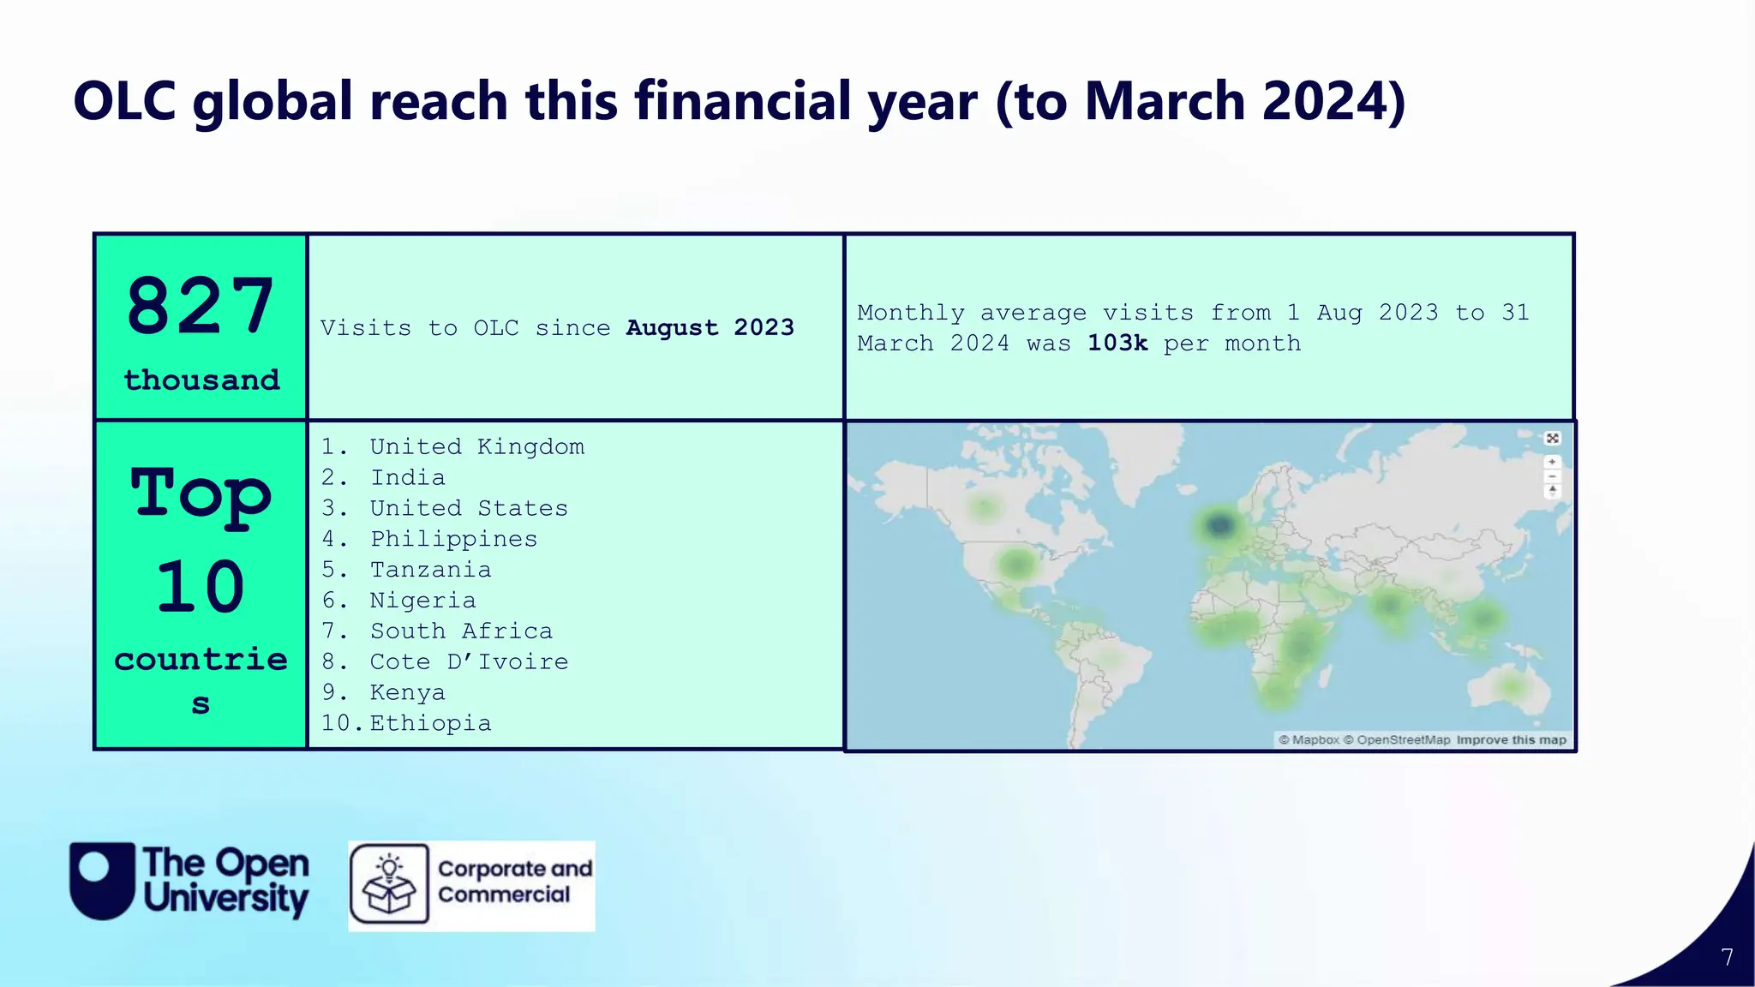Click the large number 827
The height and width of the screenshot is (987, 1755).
tap(201, 306)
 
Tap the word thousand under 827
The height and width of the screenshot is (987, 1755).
tap(201, 380)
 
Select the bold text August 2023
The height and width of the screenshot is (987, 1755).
tap(710, 327)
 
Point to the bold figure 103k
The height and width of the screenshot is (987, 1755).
tap(1117, 343)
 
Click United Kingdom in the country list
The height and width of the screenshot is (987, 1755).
tap(476, 446)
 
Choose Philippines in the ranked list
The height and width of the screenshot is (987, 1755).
tap(453, 539)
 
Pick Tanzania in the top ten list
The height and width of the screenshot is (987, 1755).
tap(430, 570)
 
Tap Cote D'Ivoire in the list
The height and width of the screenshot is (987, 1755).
tap(469, 661)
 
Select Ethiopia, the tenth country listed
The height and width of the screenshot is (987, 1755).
tap(430, 723)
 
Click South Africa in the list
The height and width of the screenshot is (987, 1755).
tap(461, 631)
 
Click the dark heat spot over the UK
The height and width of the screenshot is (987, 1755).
tap(1219, 524)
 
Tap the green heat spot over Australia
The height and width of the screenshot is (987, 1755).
tap(1511, 686)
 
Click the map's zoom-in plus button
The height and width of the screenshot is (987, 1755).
tap(1552, 462)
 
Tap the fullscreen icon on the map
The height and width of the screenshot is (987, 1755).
tap(1552, 439)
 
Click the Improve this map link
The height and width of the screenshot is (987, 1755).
tap(1511, 739)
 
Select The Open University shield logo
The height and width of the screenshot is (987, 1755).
tap(102, 881)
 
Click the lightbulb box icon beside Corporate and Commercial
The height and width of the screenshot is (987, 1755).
tap(389, 883)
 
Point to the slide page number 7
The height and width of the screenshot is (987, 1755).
tap(1727, 957)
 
